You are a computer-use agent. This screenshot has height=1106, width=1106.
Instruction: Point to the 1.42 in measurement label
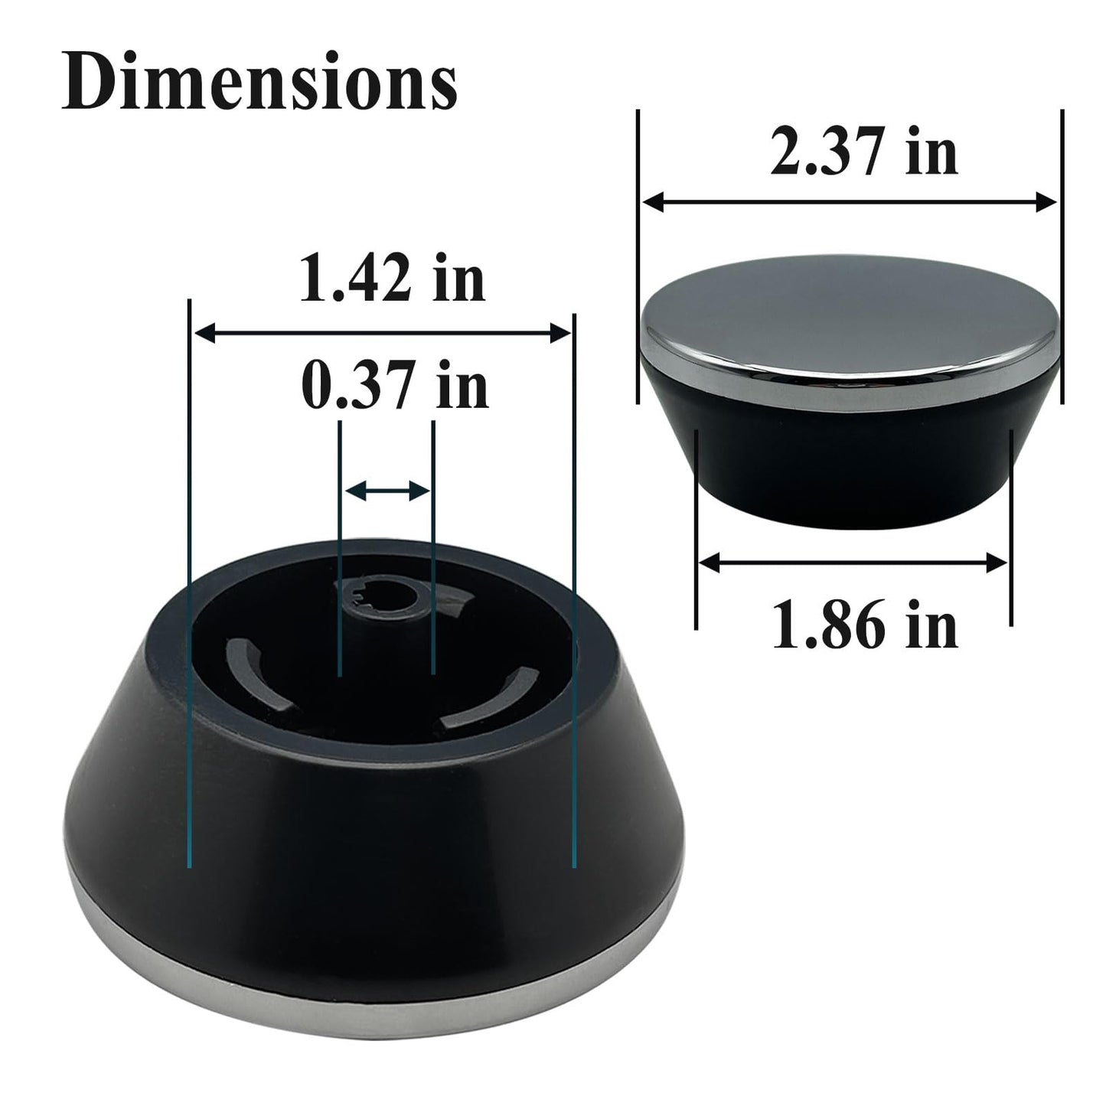392,279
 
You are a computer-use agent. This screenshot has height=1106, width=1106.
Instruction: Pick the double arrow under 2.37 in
850,202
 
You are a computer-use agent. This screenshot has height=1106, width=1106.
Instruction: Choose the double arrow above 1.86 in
853,563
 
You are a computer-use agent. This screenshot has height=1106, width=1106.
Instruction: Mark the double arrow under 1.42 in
383,332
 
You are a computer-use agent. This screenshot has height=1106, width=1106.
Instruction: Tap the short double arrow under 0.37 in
387,491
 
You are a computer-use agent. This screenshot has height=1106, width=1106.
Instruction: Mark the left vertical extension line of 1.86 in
696,528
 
